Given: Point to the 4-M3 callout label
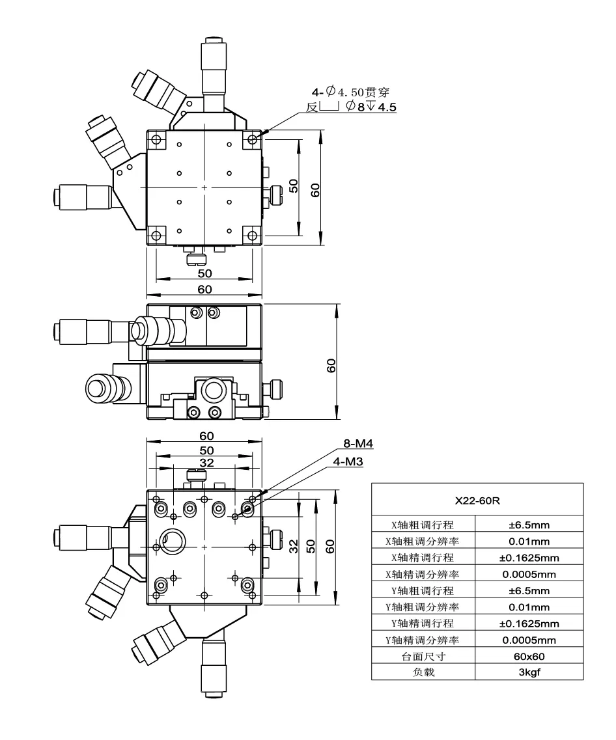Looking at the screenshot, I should click(348, 461).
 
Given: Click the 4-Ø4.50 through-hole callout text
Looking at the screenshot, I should click(354, 94).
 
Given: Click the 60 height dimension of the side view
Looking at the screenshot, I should click(331, 366).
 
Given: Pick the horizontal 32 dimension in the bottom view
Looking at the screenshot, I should click(206, 463).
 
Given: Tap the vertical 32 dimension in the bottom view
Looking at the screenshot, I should click(293, 543).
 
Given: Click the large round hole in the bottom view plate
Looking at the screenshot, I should click(174, 540).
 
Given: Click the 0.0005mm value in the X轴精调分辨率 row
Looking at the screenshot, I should click(529, 574).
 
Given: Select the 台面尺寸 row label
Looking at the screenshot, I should click(424, 657).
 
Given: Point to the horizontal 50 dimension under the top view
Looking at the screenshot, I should click(204, 273).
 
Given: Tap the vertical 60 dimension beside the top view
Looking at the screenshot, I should click(316, 189).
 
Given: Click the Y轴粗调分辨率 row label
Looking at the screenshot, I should click(424, 607).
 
